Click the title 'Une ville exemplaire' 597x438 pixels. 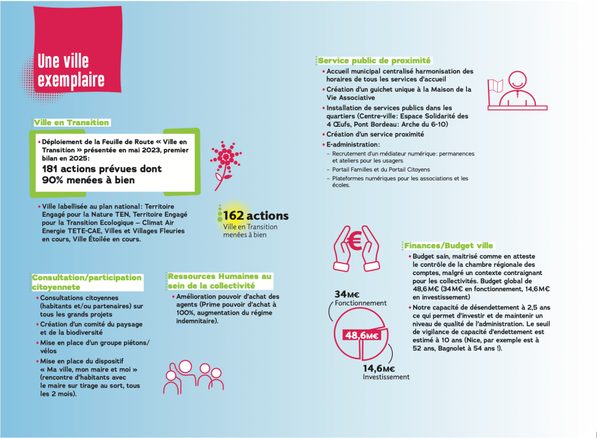[71, 70]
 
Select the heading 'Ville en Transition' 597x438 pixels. [71, 123]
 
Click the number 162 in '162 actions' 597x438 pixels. [233, 216]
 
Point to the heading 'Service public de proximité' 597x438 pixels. [374, 60]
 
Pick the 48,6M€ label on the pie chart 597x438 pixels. [361, 335]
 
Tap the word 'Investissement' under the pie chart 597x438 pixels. [386, 377]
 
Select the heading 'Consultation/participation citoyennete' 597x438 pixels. [86, 282]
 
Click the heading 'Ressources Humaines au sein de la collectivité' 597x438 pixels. [219, 281]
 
